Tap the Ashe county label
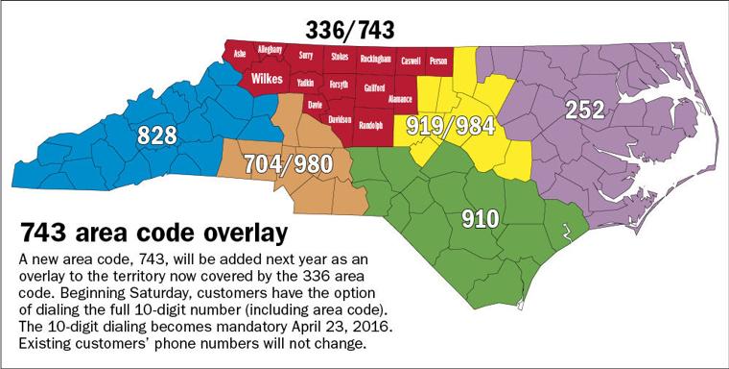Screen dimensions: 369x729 coord(240,55)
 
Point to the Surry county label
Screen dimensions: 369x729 coord(306,56)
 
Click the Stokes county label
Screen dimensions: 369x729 coord(340,57)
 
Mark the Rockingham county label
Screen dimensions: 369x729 coord(376,59)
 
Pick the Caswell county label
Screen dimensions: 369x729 coord(411,59)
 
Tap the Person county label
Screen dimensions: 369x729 coord(438,59)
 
